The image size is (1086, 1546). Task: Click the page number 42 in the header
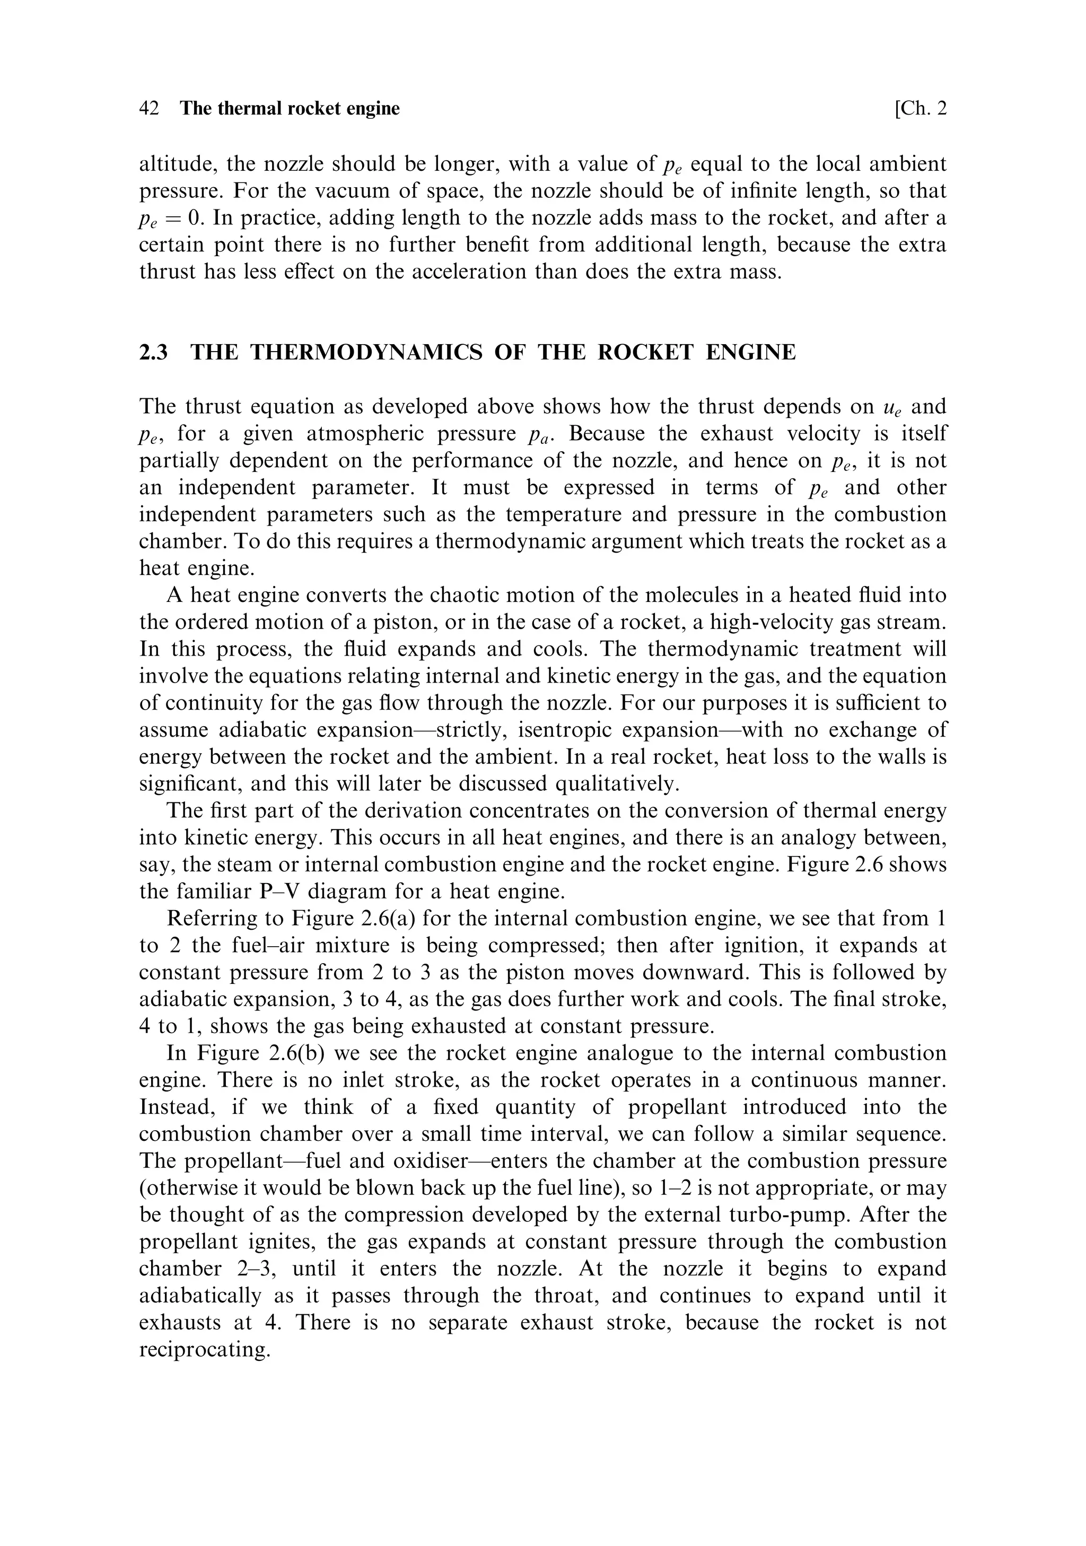[149, 108]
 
